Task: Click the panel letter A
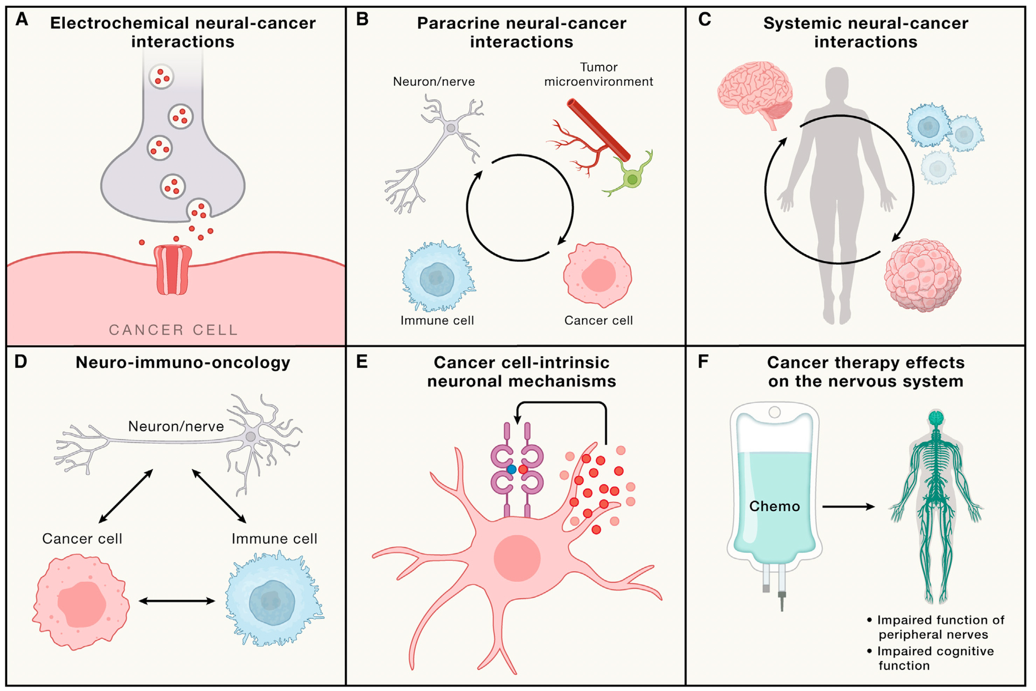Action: pos(22,19)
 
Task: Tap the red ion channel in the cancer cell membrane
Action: pos(172,270)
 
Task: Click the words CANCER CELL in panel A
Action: pos(173,330)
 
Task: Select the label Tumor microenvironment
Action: pos(598,75)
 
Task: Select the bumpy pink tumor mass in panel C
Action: pos(922,275)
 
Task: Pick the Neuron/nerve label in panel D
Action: pos(176,426)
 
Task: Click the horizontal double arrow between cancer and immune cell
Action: pos(177,601)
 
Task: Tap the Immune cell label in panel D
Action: pos(274,538)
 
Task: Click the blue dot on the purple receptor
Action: pos(511,469)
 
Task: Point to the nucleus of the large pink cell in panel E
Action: pos(517,558)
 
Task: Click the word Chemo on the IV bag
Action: pos(774,506)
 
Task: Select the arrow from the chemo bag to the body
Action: pos(848,507)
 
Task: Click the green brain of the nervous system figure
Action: pos(935,417)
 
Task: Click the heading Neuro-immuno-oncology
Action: pos(182,362)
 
